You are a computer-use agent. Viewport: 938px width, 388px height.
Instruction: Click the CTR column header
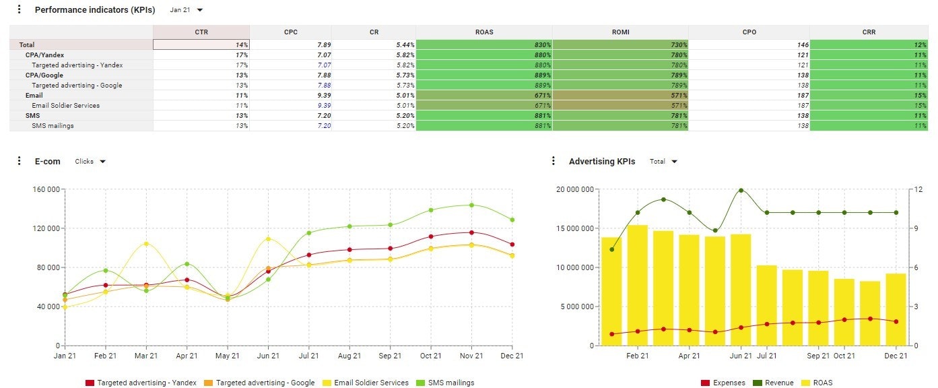[x=201, y=32]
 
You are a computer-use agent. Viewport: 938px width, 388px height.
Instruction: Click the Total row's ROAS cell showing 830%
[x=483, y=44]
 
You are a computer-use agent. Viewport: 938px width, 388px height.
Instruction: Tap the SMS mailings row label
[x=53, y=126]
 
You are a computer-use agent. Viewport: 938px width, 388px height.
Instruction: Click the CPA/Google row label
[x=44, y=75]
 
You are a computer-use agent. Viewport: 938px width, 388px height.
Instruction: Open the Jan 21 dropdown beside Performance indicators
[x=187, y=10]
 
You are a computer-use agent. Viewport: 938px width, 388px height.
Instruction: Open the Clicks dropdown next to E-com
[x=90, y=162]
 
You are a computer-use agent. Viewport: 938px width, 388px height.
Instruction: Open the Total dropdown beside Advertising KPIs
[x=663, y=162]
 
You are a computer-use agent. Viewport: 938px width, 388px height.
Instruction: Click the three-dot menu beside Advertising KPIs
[x=554, y=161]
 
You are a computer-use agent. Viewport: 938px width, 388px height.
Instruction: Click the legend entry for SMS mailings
[x=444, y=383]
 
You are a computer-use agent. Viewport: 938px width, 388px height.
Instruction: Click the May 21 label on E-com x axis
[x=228, y=356]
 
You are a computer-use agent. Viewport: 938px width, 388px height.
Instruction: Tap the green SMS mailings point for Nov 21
[x=471, y=205]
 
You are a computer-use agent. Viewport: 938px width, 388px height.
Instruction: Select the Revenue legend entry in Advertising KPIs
[x=776, y=383]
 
